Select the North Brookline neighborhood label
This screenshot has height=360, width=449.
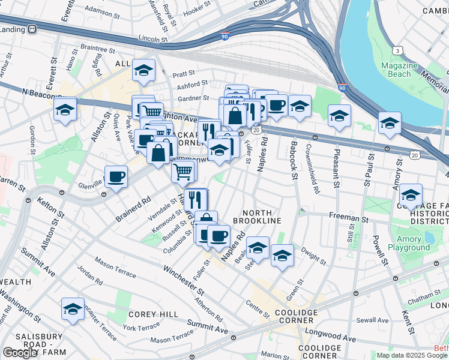262,217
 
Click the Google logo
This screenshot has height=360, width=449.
20,353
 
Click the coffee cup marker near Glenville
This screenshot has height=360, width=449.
116,176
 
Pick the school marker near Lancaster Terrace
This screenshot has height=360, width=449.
73,308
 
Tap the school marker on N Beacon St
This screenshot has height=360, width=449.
65,109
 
